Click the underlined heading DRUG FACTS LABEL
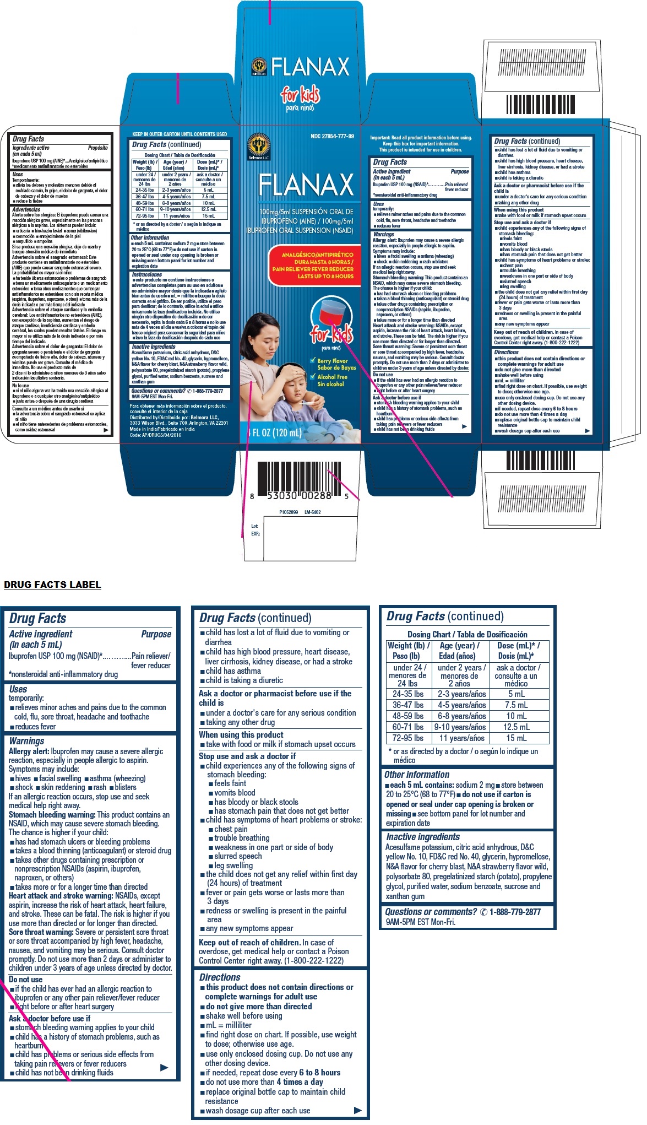52,585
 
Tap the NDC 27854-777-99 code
332,136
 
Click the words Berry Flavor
333,361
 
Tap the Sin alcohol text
331,384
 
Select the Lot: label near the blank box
254,526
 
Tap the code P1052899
289,512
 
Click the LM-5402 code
312,512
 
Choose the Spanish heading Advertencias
26,209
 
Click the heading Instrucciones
146,274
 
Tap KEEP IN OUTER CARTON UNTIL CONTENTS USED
180,134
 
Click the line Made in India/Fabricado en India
162,429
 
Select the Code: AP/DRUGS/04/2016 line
155,435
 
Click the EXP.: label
255,534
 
